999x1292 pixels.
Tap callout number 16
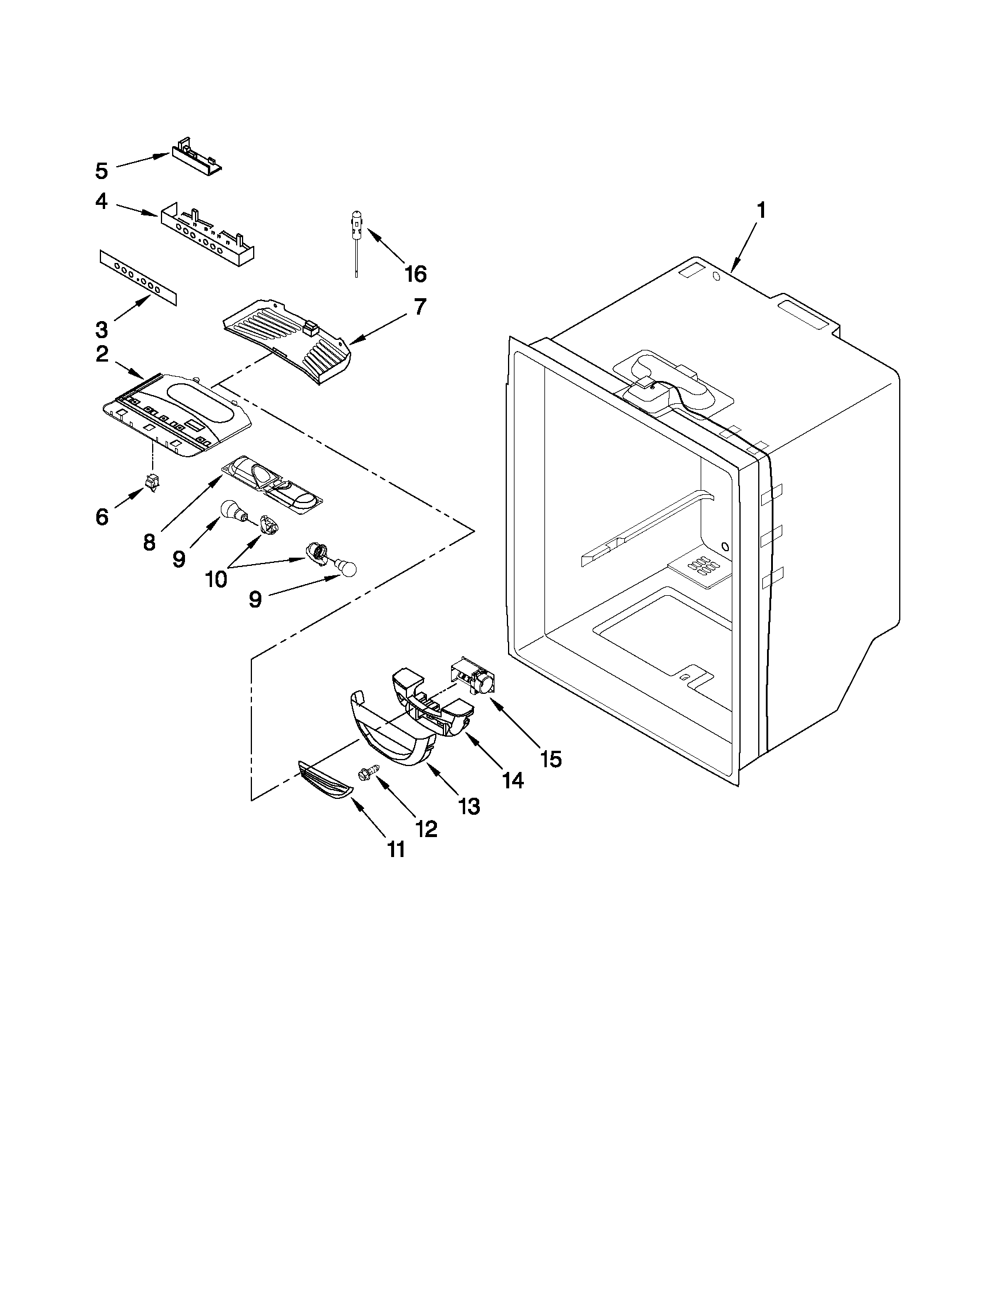click(415, 274)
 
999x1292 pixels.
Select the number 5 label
click(102, 171)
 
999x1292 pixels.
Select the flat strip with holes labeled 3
click(137, 277)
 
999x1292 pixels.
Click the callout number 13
click(469, 806)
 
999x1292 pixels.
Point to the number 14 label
click(513, 781)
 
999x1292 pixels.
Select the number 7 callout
click(419, 307)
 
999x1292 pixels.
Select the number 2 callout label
click(102, 355)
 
